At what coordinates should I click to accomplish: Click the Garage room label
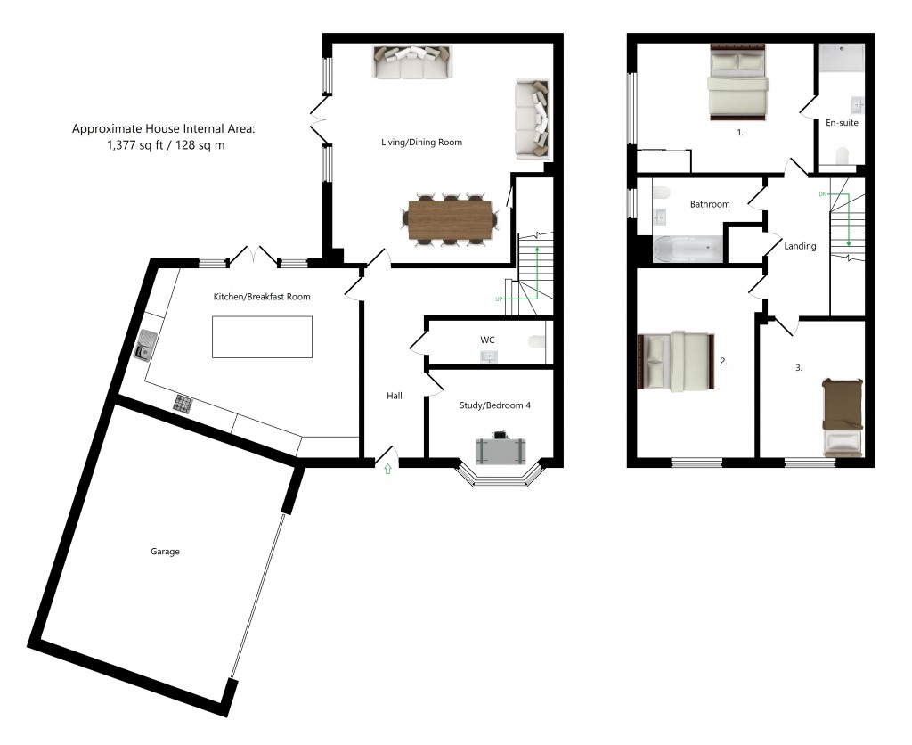165,552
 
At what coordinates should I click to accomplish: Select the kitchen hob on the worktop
183,404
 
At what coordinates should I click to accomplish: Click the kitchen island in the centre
262,336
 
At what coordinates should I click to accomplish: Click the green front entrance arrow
387,469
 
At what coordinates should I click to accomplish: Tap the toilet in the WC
536,341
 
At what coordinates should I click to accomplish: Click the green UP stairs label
500,299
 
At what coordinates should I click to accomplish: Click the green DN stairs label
823,193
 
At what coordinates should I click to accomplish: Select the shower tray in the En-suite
842,57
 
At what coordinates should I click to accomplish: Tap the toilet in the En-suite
842,157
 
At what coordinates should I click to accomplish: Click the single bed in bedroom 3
843,416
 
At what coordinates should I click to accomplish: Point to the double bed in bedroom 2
677,362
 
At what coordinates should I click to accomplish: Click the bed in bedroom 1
737,85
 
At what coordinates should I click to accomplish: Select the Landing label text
799,246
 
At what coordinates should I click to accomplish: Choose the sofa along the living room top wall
411,63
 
